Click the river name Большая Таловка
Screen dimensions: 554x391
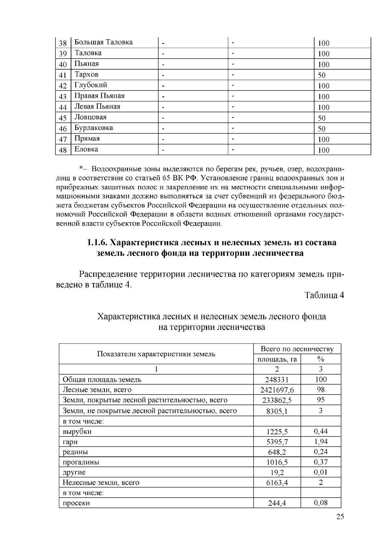click(104, 42)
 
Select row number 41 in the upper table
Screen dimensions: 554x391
click(63, 75)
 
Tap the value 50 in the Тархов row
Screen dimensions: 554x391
click(322, 75)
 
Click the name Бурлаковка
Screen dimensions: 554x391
click(94, 128)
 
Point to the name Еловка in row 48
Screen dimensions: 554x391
click(86, 149)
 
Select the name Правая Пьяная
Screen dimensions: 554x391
click(99, 96)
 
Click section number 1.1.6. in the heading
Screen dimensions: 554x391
click(97, 243)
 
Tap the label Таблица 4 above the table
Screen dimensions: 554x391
click(324, 295)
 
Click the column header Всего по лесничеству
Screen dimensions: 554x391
click(297, 349)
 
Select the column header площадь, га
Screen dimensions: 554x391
click(277, 360)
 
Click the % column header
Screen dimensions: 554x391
click(321, 360)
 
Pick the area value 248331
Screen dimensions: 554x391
click(277, 380)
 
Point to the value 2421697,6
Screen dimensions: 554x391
click(277, 390)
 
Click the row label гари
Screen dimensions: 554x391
click(70, 442)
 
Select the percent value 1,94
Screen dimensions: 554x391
click(321, 442)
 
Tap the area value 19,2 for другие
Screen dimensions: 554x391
click(277, 473)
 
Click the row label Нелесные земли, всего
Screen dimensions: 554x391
click(101, 483)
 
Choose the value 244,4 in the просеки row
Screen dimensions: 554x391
click(277, 503)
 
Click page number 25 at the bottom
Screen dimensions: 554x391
click(340, 517)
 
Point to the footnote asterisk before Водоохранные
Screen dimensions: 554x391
click(81, 169)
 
